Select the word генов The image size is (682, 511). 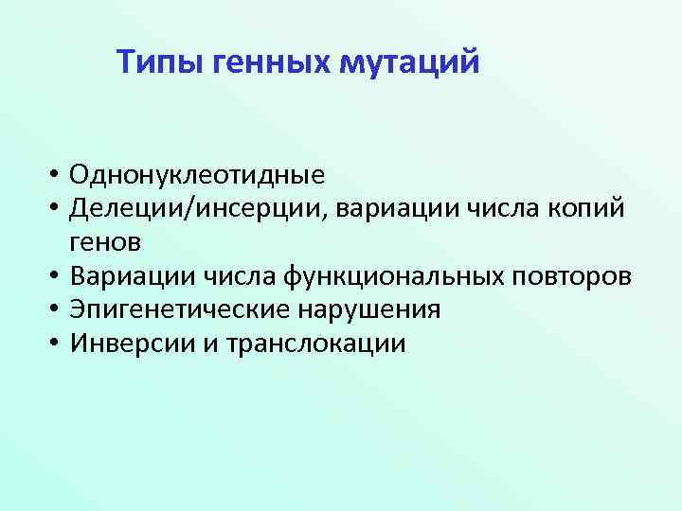(x=105, y=242)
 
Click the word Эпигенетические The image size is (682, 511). (x=185, y=309)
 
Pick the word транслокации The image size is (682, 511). (x=315, y=343)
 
